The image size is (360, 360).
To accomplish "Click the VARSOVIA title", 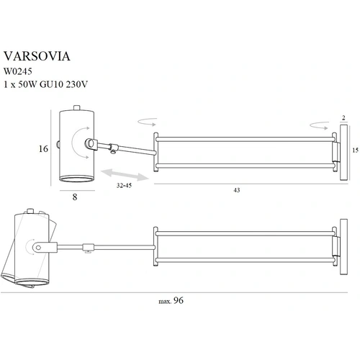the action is point(37,56).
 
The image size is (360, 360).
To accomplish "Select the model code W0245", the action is point(18,71).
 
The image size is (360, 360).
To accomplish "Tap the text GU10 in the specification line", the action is point(51,84).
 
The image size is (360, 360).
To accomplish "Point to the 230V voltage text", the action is point(77,84).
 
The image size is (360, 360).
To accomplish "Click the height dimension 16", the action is point(43,149).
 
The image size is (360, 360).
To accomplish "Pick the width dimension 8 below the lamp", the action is point(75,197).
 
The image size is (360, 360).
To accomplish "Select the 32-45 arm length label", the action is point(124,185).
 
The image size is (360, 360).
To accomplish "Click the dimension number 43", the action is point(237,190).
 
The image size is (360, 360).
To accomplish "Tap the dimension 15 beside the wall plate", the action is point(356,150).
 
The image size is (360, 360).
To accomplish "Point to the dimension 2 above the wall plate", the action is point(343,118).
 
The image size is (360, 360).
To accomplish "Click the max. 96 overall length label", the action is point(171,300).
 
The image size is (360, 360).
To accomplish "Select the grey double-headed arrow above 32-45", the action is point(125,174).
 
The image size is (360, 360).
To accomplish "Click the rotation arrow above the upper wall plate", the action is point(319,125).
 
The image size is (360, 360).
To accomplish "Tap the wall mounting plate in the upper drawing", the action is point(343,152).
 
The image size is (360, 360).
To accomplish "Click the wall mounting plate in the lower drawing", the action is point(343,247).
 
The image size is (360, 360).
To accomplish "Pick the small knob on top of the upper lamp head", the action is point(76,108).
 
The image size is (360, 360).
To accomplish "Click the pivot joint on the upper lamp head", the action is point(91,144).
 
